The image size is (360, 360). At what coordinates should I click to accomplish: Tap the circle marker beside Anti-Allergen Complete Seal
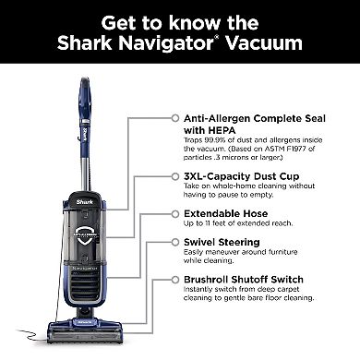coord(172,119)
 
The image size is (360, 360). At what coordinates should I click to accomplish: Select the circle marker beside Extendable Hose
coord(172,213)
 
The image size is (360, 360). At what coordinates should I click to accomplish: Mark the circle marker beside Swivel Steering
coord(172,243)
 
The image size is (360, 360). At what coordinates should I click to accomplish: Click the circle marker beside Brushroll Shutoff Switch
coord(172,277)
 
